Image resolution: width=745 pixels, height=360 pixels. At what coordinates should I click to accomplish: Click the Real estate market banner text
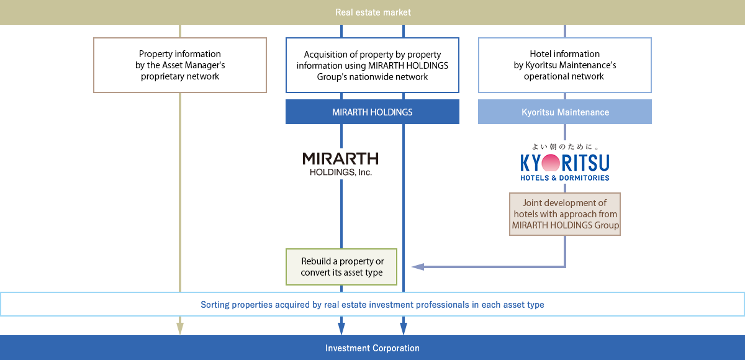coord(372,12)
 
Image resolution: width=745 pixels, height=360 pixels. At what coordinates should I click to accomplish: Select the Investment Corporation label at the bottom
coord(372,348)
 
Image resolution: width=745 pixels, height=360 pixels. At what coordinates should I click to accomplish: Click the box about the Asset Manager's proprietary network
coord(180,65)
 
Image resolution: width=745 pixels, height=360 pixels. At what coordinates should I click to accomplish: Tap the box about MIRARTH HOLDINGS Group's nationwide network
coord(372,65)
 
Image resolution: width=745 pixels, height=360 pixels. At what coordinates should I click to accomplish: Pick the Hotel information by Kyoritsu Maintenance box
coord(564,65)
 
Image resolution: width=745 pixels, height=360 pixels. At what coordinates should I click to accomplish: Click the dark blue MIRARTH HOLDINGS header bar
coord(372,112)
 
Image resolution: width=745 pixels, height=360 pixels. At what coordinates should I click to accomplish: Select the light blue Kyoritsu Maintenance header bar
coord(564,112)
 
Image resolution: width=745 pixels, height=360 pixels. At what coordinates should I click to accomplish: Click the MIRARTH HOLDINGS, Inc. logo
coord(340,164)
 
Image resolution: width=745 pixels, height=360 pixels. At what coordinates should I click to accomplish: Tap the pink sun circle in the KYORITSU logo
coord(551,163)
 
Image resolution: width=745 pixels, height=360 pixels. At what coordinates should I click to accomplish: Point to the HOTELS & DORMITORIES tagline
coord(564,178)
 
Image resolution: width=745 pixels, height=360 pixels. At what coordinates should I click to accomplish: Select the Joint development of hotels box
coord(565,214)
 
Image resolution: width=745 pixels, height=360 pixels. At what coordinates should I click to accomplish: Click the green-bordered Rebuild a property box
coord(341,267)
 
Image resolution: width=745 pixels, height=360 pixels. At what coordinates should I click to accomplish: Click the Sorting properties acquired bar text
coord(372,305)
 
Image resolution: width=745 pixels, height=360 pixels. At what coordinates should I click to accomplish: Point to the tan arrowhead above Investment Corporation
coord(180,328)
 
